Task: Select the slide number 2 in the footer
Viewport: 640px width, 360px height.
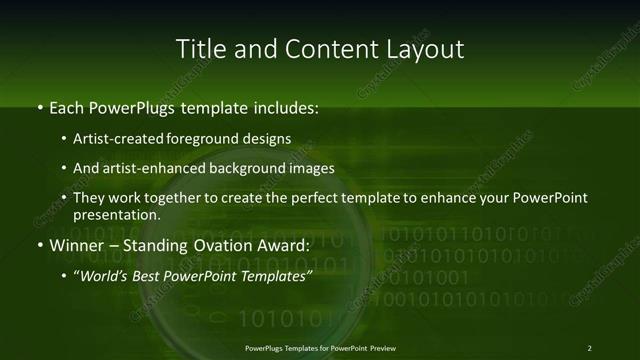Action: pyautogui.click(x=589, y=347)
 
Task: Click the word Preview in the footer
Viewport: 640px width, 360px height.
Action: pyautogui.click(x=382, y=347)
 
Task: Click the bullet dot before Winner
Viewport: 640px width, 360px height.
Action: pyautogui.click(x=39, y=245)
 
